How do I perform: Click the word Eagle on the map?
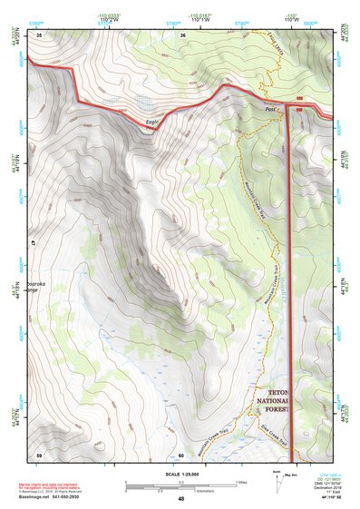pos(151,122)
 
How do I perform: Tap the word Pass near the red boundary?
pos(270,108)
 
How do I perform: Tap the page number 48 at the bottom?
pos(180,498)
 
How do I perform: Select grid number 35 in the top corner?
pos(39,34)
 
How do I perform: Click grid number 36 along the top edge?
pos(183,34)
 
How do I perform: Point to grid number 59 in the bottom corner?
pos(39,454)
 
